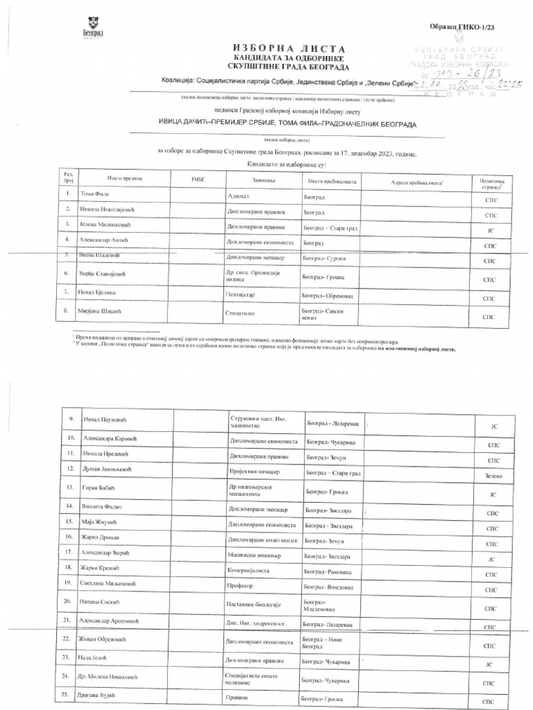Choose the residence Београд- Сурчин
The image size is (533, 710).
pos(324,258)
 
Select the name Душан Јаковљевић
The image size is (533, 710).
pos(108,469)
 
